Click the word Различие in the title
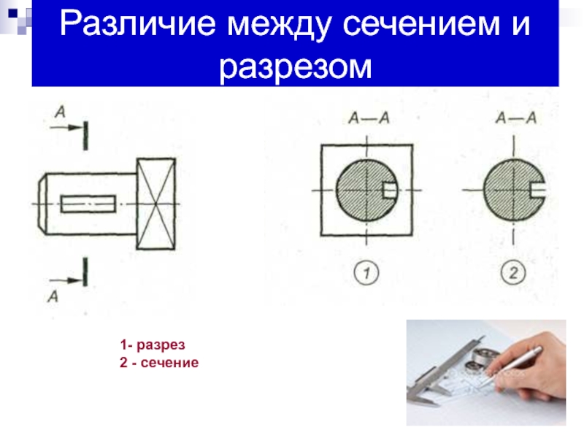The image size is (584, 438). (137, 24)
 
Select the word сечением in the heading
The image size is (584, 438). (421, 24)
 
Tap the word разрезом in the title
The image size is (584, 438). (296, 67)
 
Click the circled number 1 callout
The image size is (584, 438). (366, 272)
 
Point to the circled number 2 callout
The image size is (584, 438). (513, 272)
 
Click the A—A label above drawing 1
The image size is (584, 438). (369, 118)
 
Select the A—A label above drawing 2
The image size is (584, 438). (516, 118)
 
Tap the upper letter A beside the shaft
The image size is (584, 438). (60, 112)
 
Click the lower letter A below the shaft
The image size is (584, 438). (53, 296)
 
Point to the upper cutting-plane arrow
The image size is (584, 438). (66, 128)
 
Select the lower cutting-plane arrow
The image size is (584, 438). (66, 280)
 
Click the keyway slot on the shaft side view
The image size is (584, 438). (88, 204)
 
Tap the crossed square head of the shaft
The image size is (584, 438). (155, 204)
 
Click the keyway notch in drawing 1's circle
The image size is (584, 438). (390, 191)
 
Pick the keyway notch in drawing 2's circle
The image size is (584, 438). (537, 191)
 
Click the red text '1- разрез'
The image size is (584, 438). (153, 345)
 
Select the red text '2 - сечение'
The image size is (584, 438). (159, 362)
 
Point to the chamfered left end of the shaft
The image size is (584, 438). (42, 204)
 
